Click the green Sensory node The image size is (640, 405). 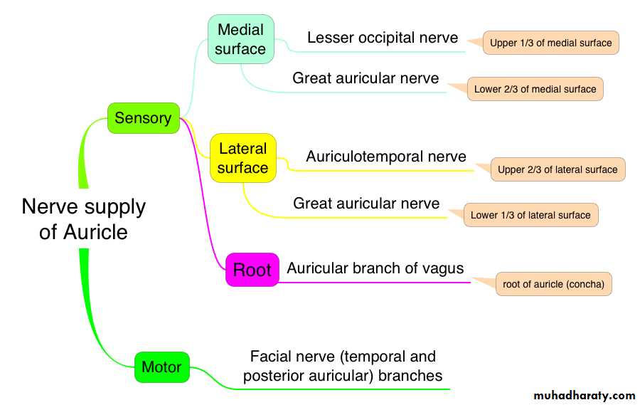pyautogui.click(x=143, y=118)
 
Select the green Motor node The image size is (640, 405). pyautogui.click(x=162, y=367)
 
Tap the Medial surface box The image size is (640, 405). pyautogui.click(x=240, y=39)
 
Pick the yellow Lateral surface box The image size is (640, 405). pyautogui.click(x=242, y=158)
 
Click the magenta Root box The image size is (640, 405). pyautogui.click(x=252, y=270)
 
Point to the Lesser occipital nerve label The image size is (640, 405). pyautogui.click(x=383, y=38)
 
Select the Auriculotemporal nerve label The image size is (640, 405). pyautogui.click(x=386, y=157)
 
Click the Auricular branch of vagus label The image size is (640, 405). pyautogui.click(x=375, y=268)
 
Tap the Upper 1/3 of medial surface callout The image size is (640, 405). pyautogui.click(x=550, y=43)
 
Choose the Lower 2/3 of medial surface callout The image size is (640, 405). pyautogui.click(x=535, y=89)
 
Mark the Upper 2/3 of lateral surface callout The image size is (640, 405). pyautogui.click(x=558, y=169)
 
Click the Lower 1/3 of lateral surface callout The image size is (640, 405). pyautogui.click(x=530, y=215)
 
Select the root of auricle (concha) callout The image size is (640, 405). pyautogui.click(x=553, y=284)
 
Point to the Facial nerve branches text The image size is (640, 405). pyautogui.click(x=343, y=366)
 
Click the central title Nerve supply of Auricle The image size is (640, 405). pyautogui.click(x=83, y=219)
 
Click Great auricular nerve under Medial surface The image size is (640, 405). pyautogui.click(x=366, y=78)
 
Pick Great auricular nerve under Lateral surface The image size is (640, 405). pyautogui.click(x=366, y=204)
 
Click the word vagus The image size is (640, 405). pyautogui.click(x=442, y=268)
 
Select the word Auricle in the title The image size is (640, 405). pyautogui.click(x=95, y=232)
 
